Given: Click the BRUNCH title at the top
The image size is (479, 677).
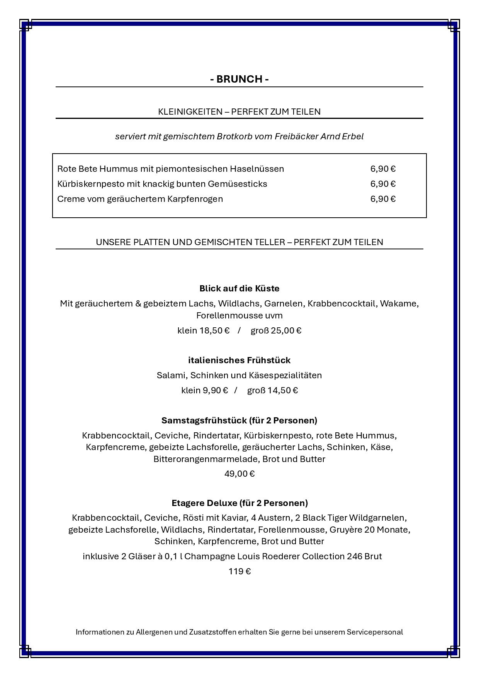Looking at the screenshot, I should coord(239,79).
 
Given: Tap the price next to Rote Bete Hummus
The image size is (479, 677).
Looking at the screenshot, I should coord(383,169).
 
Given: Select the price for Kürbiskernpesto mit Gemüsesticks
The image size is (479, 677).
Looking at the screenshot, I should coord(383,184).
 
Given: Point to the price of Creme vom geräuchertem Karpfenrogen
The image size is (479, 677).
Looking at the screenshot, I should coord(383,199).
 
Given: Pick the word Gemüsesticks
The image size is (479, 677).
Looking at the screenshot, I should coord(237,184).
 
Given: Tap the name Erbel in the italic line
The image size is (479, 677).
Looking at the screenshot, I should coord(353,136).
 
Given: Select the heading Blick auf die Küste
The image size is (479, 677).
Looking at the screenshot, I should coord(239,288).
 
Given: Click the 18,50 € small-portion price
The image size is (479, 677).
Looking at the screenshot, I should coord(214,330).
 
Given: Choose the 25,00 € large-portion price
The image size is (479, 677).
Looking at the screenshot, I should coord(286,330).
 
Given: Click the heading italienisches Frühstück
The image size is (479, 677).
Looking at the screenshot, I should coord(239,360).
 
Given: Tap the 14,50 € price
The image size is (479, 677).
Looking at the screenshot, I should coord(283,390).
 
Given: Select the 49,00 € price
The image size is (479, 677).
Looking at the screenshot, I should coord(239,474).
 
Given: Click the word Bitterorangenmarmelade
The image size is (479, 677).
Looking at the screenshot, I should coord(207,459).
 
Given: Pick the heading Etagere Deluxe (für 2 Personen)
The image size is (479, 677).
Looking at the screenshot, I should coord(239,503).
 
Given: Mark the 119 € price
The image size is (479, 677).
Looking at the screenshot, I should coord(239,571).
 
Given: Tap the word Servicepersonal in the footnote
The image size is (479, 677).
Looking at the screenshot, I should coord(375,632).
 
